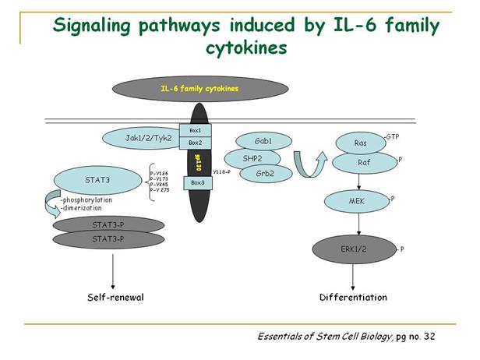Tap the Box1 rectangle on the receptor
click(195, 129)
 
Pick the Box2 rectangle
click(195, 143)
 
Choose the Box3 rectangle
click(195, 182)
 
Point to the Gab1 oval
click(262, 140)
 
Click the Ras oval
click(359, 143)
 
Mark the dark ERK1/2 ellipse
click(354, 249)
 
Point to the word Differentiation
click(353, 298)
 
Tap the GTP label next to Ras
click(393, 136)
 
